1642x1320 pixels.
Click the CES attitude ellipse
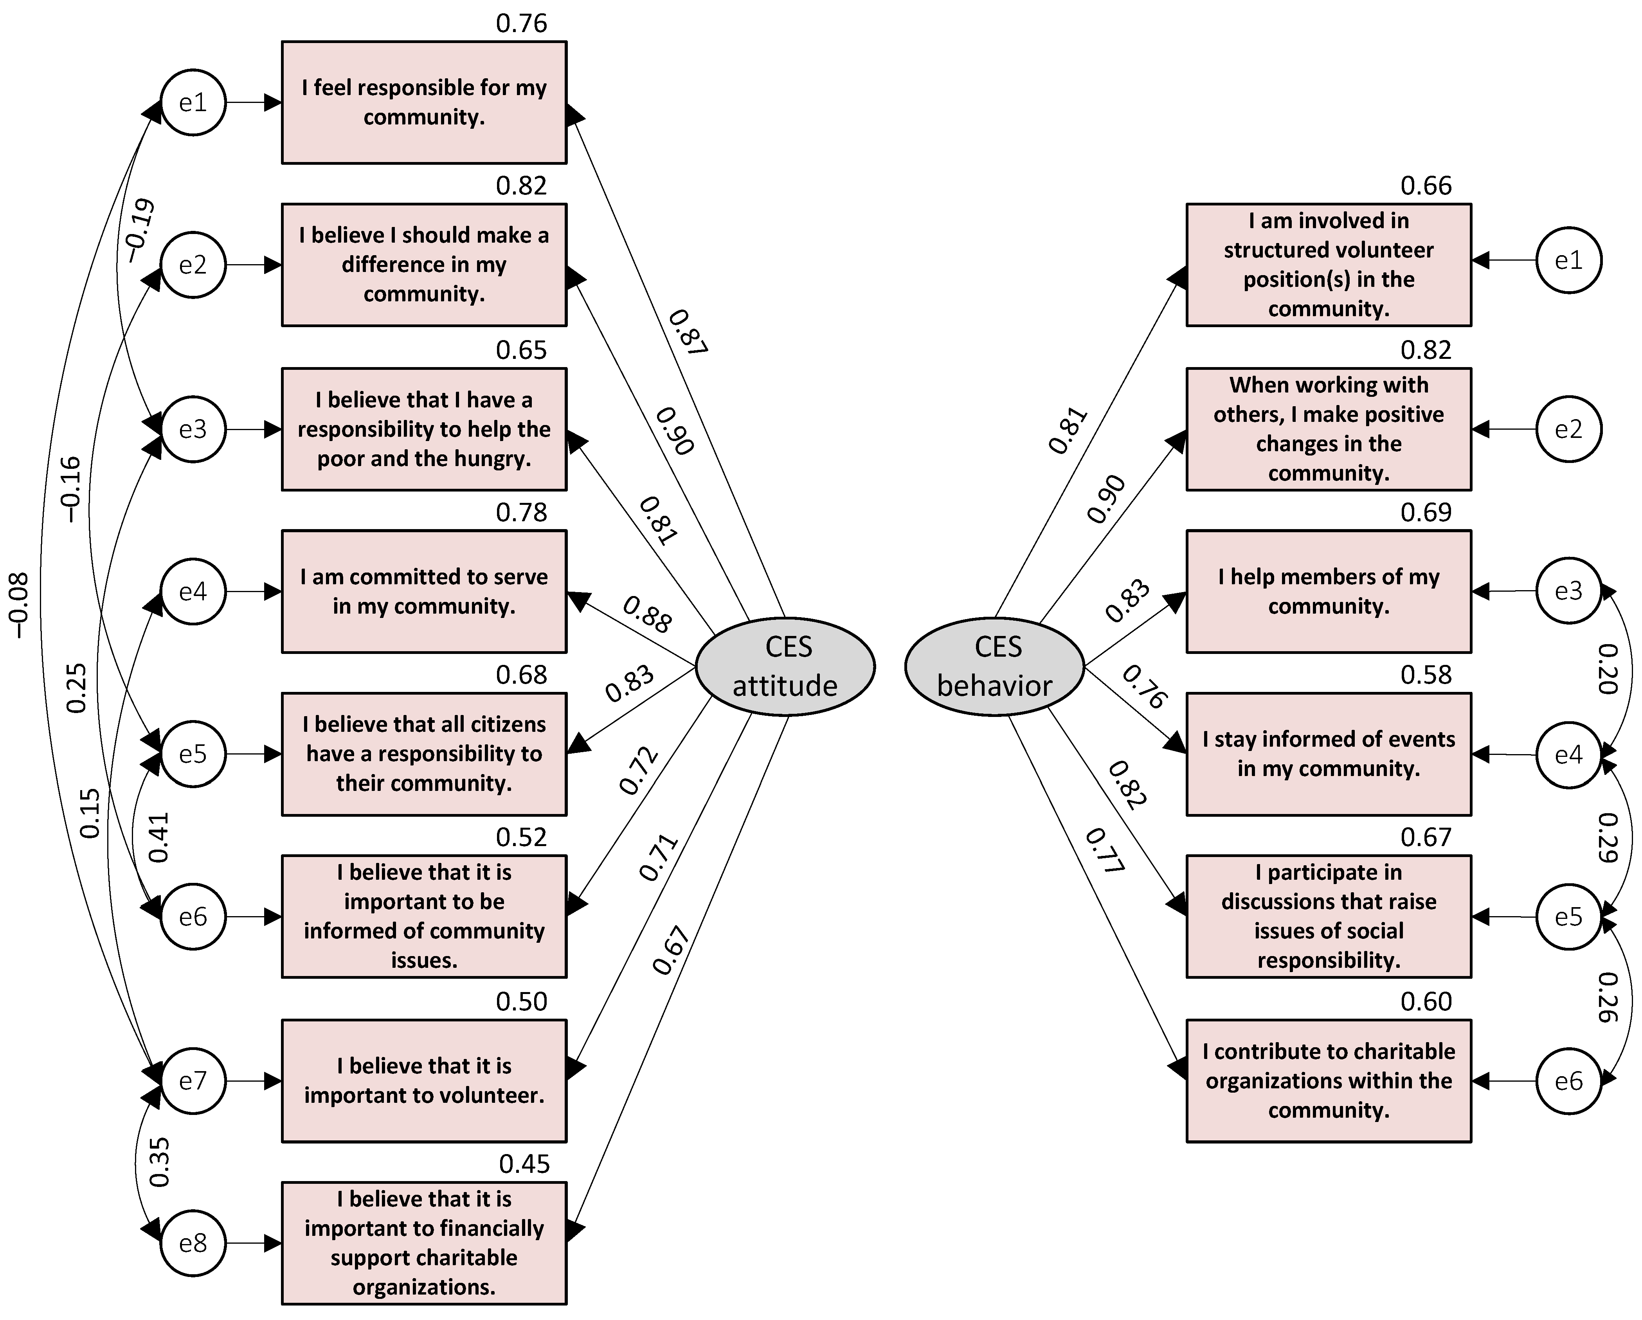tap(785, 666)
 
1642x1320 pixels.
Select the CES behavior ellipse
tap(994, 666)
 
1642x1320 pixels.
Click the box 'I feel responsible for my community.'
tap(424, 102)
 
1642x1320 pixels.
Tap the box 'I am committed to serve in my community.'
tap(424, 591)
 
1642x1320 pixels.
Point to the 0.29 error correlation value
tap(1607, 838)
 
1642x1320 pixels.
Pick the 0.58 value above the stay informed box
tap(1426, 674)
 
